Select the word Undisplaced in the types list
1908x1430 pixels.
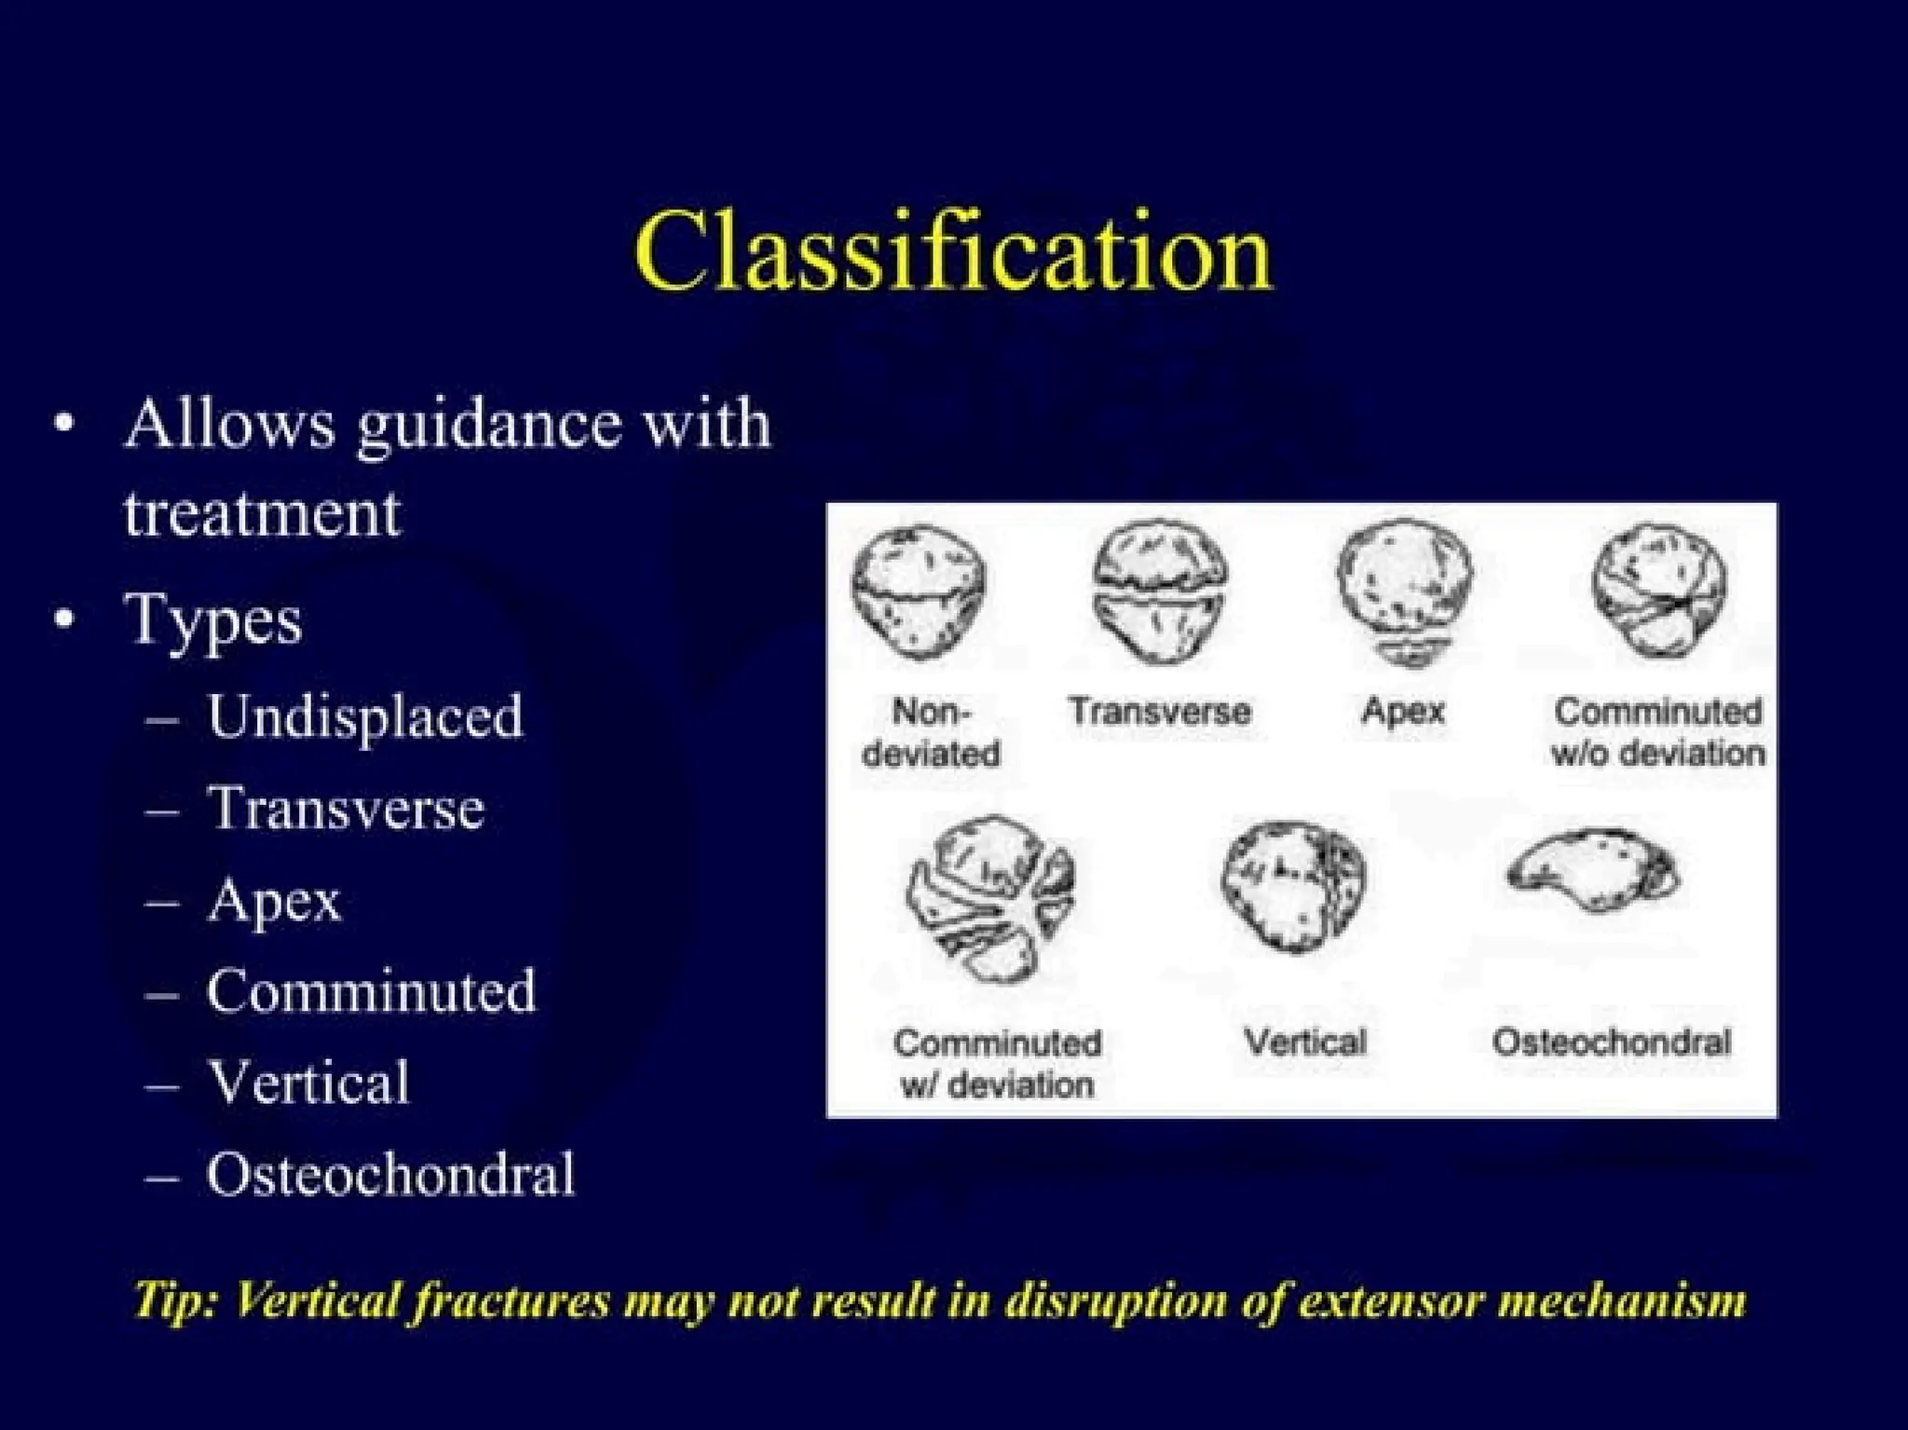[364, 717]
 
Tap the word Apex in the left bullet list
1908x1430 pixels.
[274, 901]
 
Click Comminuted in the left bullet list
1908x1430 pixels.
[371, 991]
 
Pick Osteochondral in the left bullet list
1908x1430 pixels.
[390, 1174]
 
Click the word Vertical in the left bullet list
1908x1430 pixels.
[308, 1083]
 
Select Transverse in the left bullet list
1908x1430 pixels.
[346, 809]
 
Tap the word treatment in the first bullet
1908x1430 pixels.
[262, 513]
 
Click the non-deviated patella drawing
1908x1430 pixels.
[919, 592]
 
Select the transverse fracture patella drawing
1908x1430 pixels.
[1159, 592]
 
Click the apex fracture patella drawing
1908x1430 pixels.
[1405, 592]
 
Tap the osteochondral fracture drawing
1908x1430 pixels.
[1593, 870]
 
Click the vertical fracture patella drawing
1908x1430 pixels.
[1294, 886]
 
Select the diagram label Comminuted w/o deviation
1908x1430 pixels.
[1657, 732]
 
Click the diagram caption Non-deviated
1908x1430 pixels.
[930, 732]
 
